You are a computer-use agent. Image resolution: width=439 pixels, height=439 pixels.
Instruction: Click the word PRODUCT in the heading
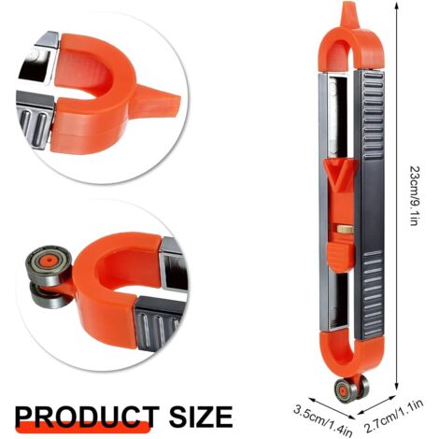point(87,417)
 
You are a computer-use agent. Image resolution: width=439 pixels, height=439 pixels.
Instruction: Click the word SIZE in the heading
point(201,417)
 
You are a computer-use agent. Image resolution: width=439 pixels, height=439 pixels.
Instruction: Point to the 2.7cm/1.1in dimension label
point(394,417)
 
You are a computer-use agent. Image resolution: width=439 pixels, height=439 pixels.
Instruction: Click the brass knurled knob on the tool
point(345,230)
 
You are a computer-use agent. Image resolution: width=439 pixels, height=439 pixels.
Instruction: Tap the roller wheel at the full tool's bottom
point(352,389)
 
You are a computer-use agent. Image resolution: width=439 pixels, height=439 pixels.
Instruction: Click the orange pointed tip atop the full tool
point(349,14)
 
